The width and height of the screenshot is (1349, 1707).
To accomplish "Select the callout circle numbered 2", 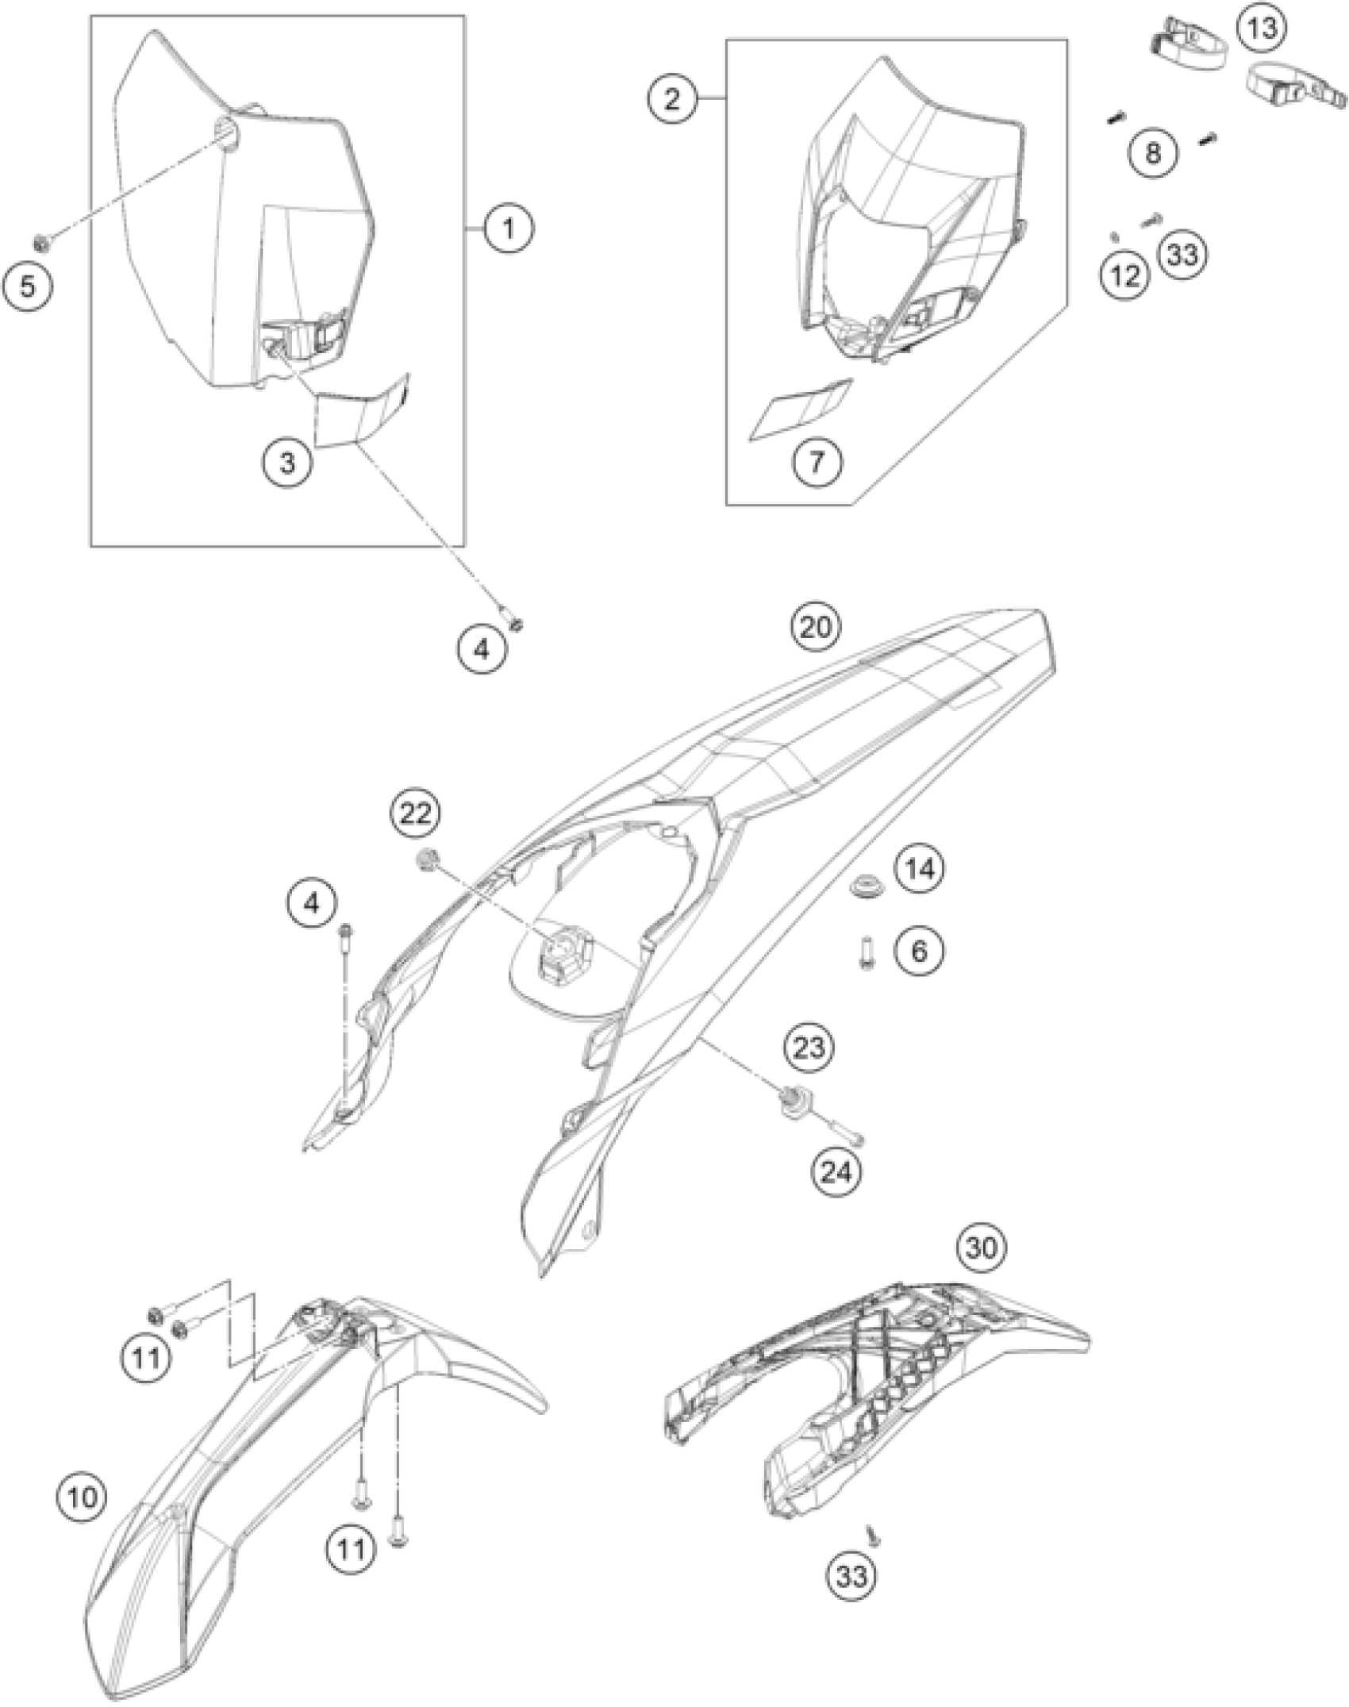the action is [x=672, y=101].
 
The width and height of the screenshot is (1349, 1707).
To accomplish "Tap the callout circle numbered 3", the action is [x=288, y=462].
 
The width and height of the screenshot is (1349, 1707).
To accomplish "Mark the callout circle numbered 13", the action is [x=1262, y=30].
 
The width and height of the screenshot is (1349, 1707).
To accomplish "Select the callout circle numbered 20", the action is [x=818, y=627].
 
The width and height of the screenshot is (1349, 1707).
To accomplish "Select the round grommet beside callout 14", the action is [x=859, y=887].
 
